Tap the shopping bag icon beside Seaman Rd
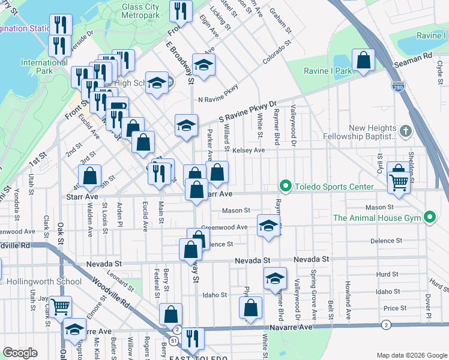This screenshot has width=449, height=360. pos(363,60)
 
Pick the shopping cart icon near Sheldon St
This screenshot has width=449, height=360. pos(398,181)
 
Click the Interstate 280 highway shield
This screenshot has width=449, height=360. pos(397,86)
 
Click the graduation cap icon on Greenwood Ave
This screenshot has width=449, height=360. pos(268,226)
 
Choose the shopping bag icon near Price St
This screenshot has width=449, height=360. pos(250,308)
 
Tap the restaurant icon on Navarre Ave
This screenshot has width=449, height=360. pos(192,338)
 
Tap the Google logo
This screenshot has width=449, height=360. pos(20,353)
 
